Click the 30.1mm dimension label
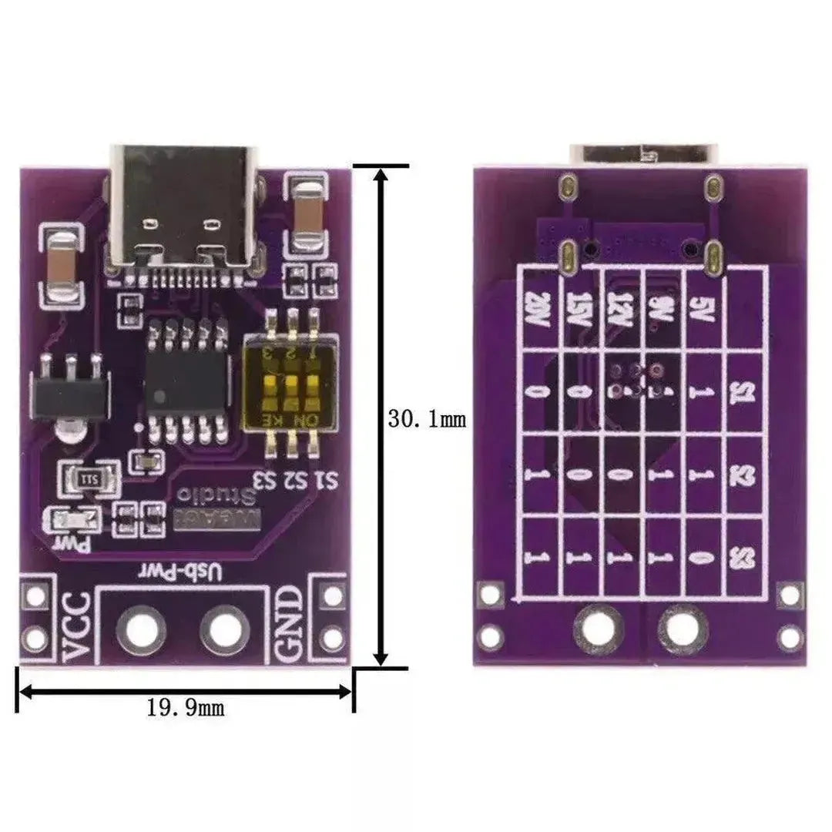click(x=426, y=420)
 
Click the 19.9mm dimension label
click(x=186, y=707)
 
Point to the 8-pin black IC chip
click(x=187, y=382)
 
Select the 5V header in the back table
click(x=705, y=310)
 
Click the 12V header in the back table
click(x=623, y=310)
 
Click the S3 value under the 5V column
click(x=705, y=557)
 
